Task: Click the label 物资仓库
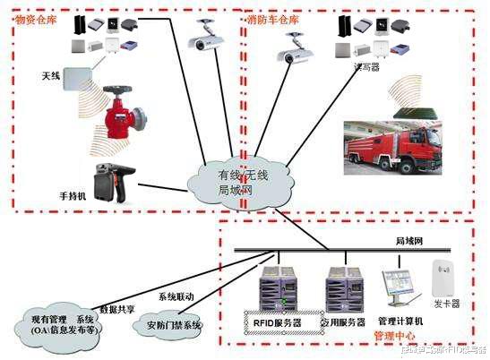click(36, 18)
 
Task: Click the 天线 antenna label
click(50, 76)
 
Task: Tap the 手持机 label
click(72, 195)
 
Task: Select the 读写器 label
click(369, 65)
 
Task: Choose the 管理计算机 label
click(400, 321)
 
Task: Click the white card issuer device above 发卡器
click(445, 279)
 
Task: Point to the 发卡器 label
click(446, 304)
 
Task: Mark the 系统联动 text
click(176, 296)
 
